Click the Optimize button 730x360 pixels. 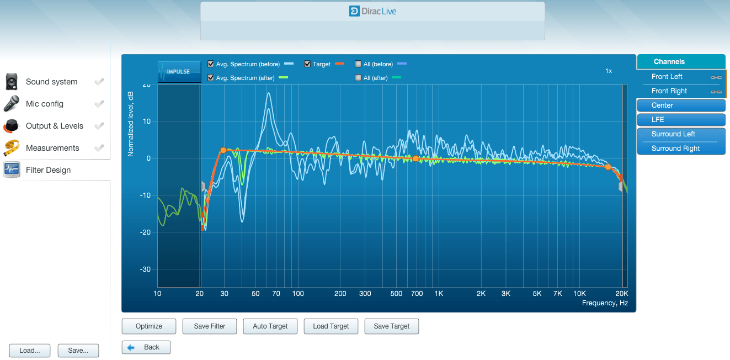point(149,326)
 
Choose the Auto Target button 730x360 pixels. point(270,326)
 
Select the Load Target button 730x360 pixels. point(331,326)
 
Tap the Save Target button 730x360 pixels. point(391,326)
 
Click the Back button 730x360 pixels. point(146,347)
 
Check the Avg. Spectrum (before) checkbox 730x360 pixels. point(211,64)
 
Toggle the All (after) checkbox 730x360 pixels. point(358,78)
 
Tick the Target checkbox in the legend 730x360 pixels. point(307,64)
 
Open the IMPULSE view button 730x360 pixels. point(179,71)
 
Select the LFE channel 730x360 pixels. point(681,120)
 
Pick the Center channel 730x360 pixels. point(681,105)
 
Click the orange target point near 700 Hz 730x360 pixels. point(415,159)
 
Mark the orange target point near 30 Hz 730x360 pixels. point(223,150)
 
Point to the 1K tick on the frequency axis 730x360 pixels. point(439,294)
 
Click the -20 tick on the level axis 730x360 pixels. point(145,232)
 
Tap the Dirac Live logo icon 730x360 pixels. point(354,11)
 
